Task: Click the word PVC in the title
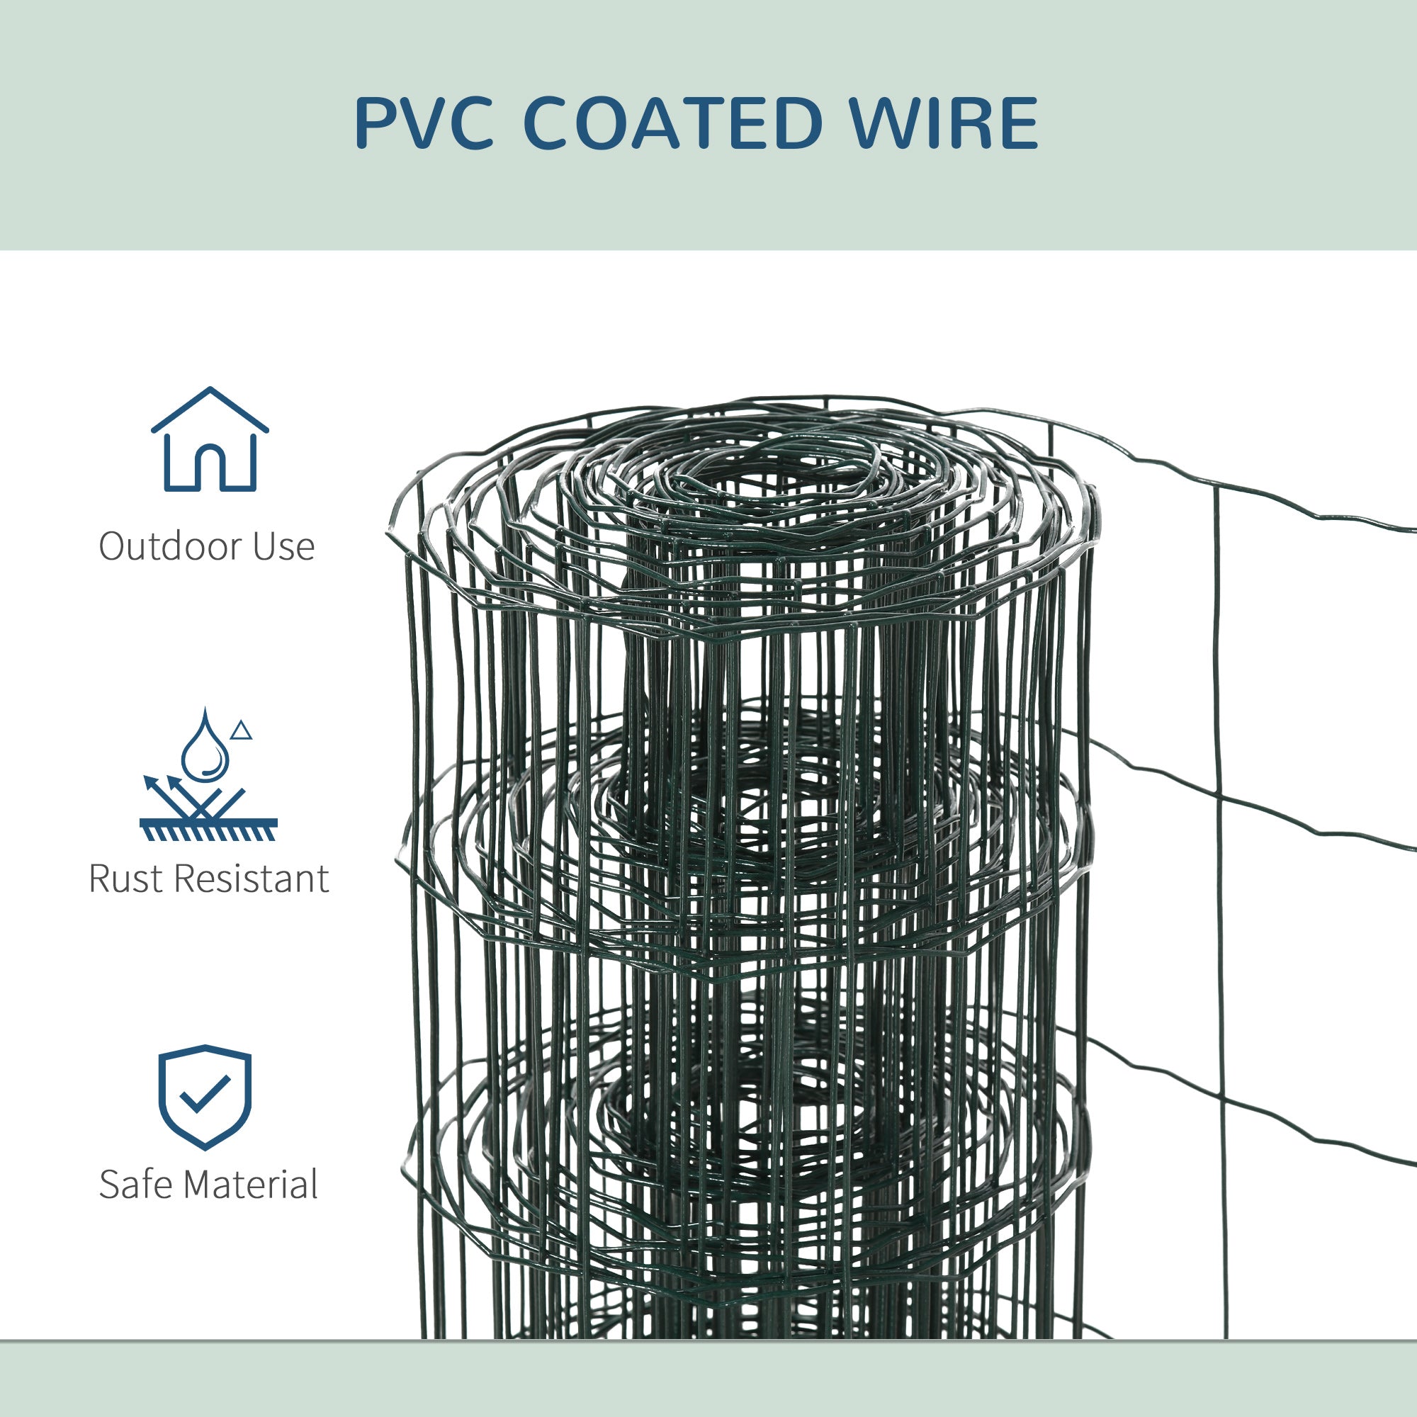coord(423,123)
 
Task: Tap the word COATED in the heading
coord(672,123)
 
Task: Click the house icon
coord(210,440)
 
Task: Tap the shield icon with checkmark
coord(205,1097)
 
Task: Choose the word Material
coord(249,1185)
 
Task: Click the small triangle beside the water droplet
coord(242,730)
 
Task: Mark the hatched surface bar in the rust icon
coord(208,829)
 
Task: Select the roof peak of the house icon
coord(210,390)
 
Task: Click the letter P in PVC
coord(376,123)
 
